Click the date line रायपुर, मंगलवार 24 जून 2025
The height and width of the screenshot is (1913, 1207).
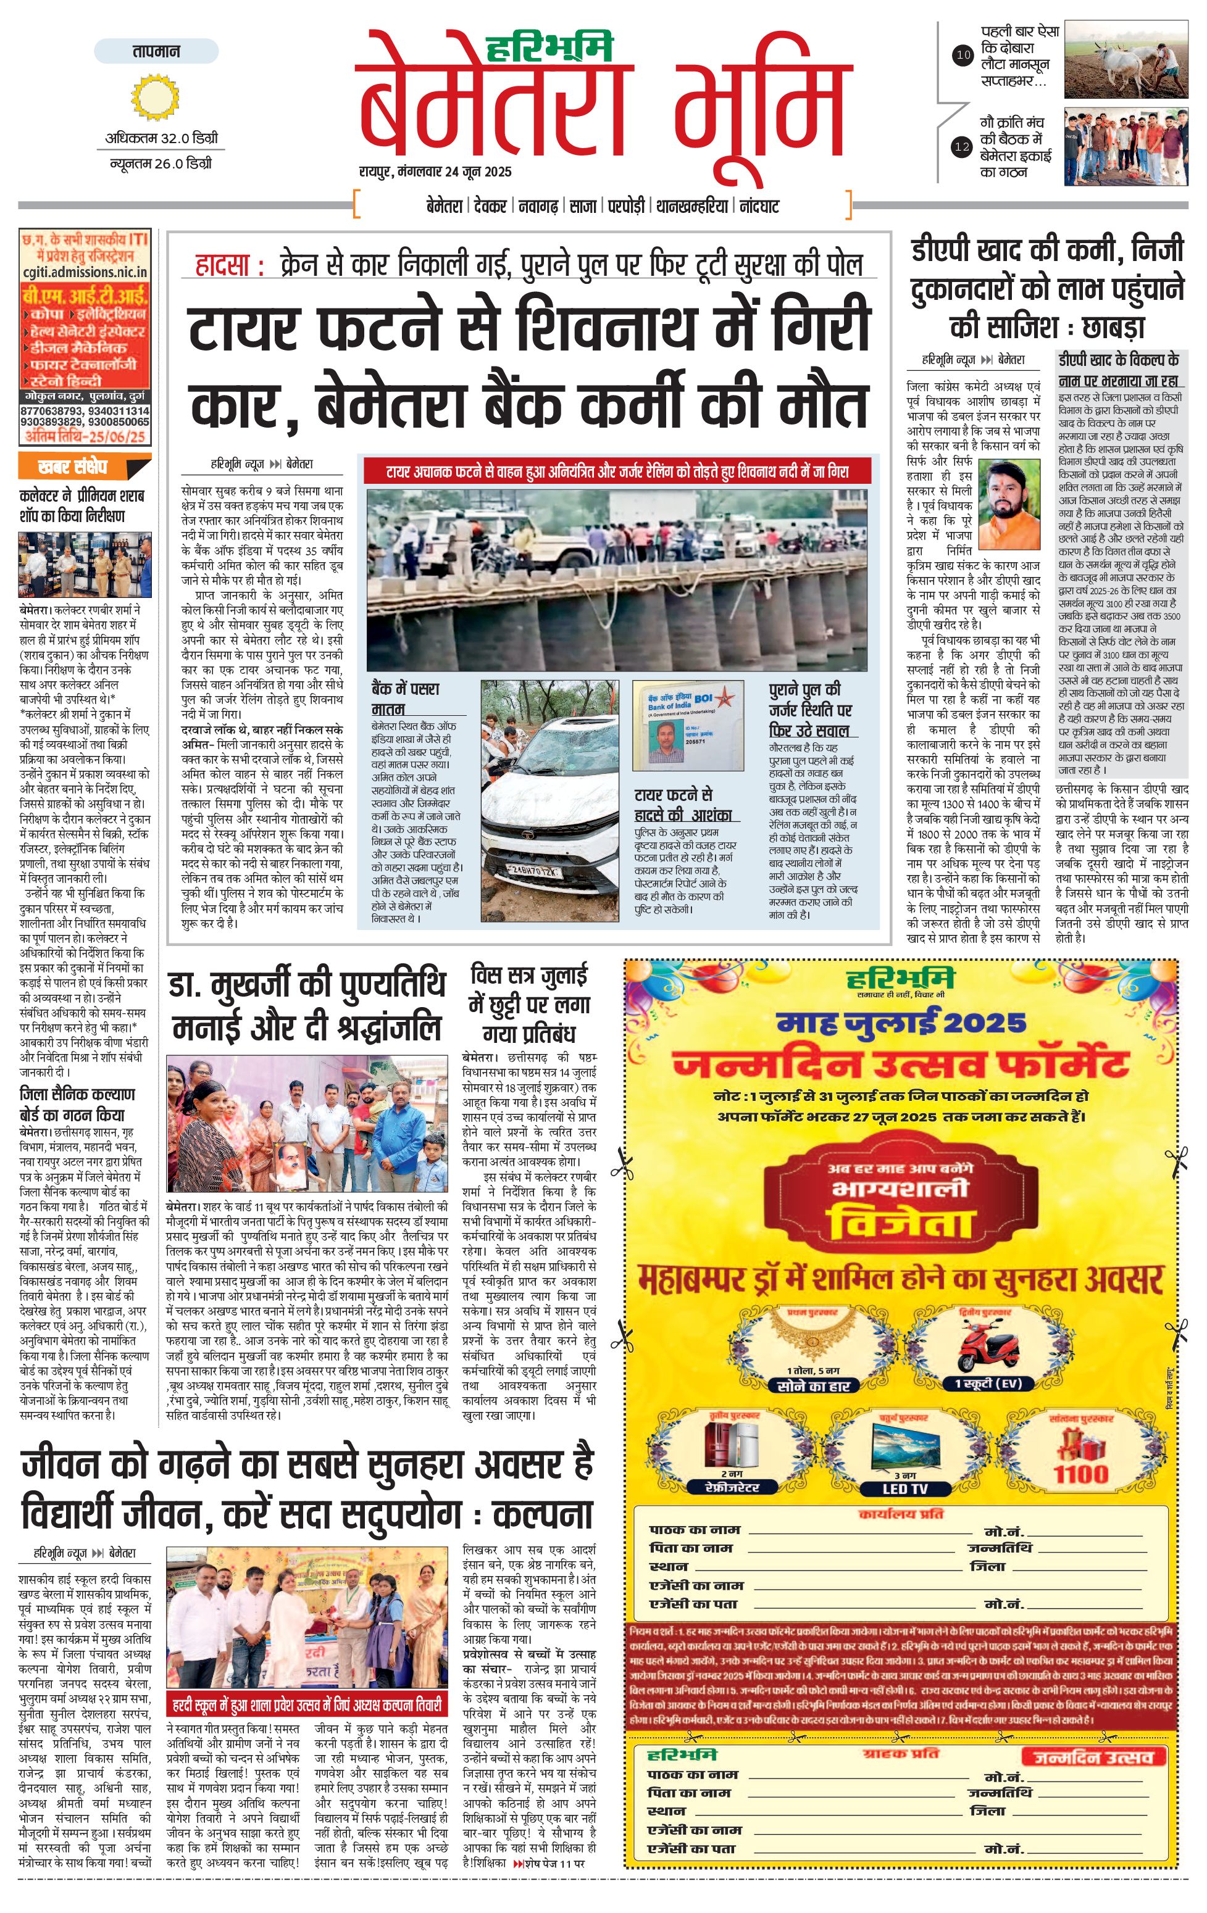pyautogui.click(x=435, y=172)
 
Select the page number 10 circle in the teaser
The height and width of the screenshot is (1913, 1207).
pyautogui.click(x=963, y=55)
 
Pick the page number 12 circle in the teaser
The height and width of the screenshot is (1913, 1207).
pyautogui.click(x=963, y=146)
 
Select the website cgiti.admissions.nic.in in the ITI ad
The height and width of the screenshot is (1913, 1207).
pyautogui.click(x=85, y=272)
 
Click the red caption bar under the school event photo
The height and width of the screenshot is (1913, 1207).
pyautogui.click(x=306, y=1705)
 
